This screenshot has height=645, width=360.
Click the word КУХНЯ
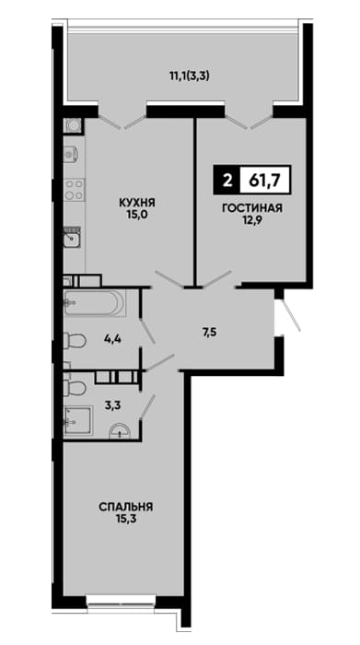click(136, 203)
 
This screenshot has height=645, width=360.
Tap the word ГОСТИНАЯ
click(252, 208)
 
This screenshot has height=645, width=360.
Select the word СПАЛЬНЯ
click(126, 507)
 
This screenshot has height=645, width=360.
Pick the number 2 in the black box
click(226, 181)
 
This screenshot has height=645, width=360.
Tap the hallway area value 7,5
click(210, 332)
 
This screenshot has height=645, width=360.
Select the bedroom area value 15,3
click(125, 519)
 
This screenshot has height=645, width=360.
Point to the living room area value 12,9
click(252, 220)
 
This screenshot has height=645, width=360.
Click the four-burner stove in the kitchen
click(74, 190)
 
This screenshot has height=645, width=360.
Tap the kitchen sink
click(72, 238)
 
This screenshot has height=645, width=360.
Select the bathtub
click(95, 303)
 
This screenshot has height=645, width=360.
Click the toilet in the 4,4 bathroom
click(75, 341)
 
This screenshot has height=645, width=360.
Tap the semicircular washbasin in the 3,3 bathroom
click(120, 430)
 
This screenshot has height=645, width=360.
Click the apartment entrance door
click(291, 315)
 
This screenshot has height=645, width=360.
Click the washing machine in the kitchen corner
click(74, 126)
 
